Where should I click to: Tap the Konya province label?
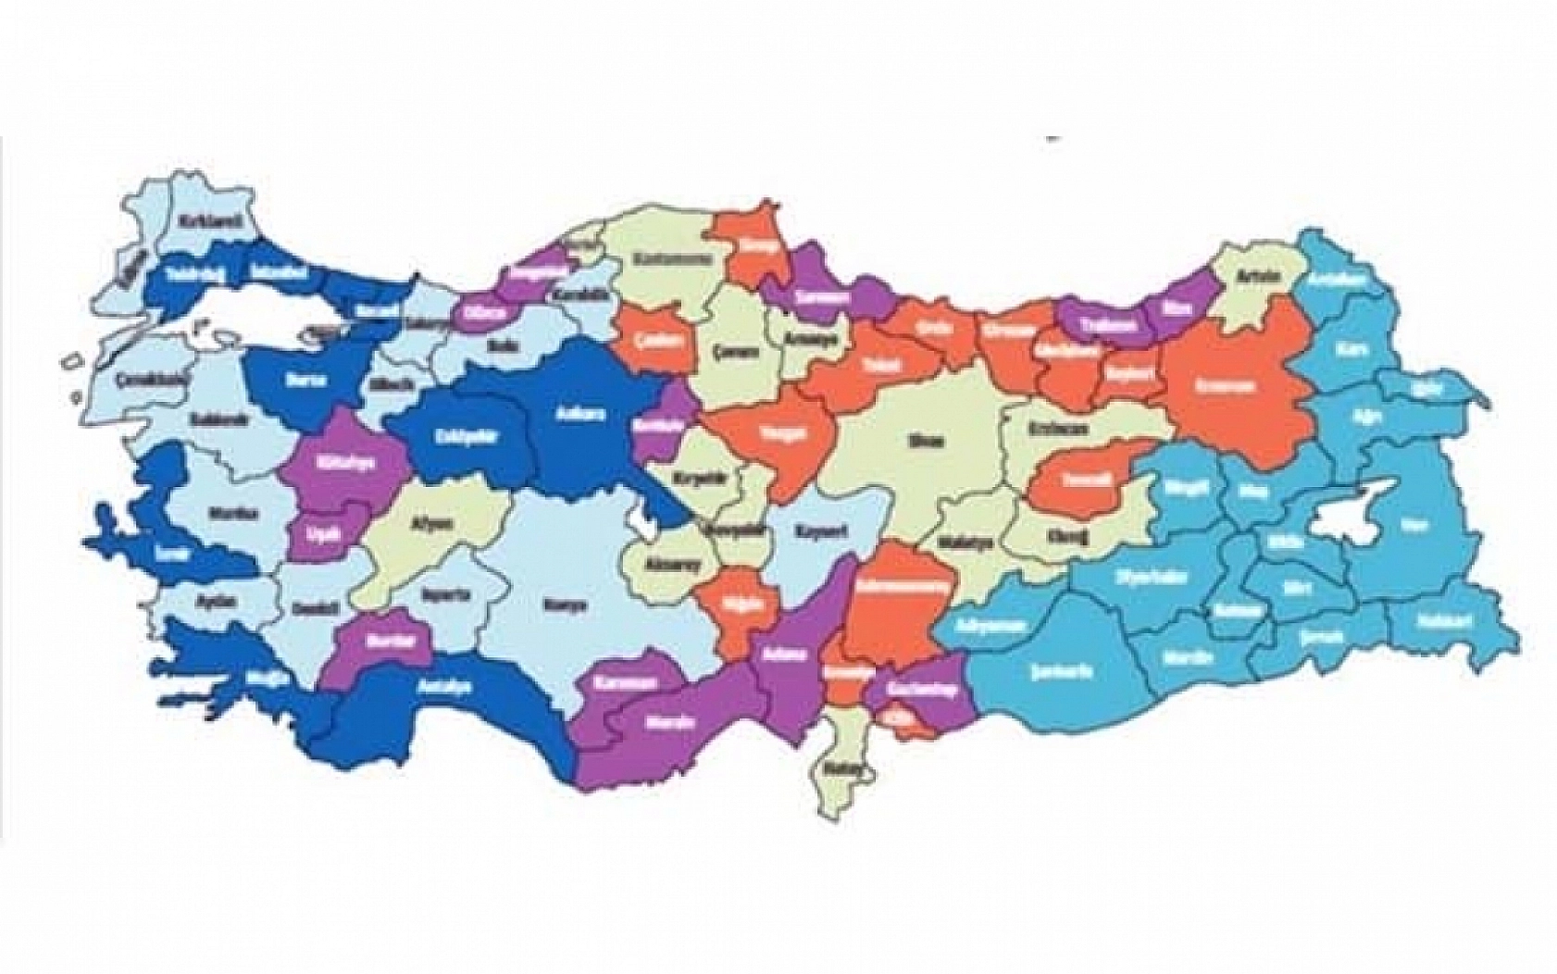[x=569, y=606]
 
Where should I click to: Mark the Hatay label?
[x=848, y=768]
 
